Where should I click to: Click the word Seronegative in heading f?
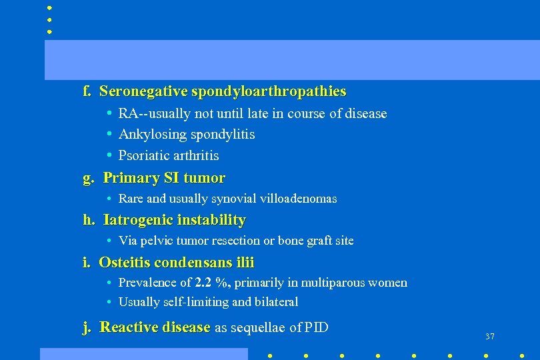[143, 91]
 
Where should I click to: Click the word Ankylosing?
[152, 135]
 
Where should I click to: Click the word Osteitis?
[125, 263]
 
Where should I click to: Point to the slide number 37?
[490, 337]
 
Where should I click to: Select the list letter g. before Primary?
[87, 178]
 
